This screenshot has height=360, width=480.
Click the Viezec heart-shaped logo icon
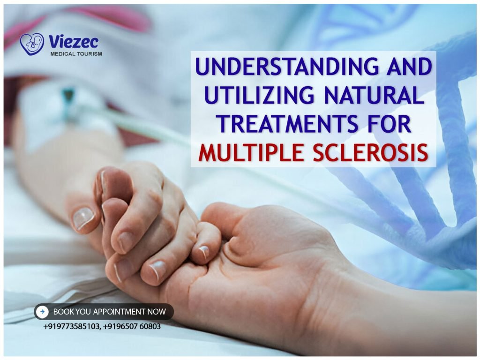32,44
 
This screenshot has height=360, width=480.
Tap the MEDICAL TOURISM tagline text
76,54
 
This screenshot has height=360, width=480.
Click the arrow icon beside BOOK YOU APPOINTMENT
42,311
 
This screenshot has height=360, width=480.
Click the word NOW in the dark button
157,312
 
